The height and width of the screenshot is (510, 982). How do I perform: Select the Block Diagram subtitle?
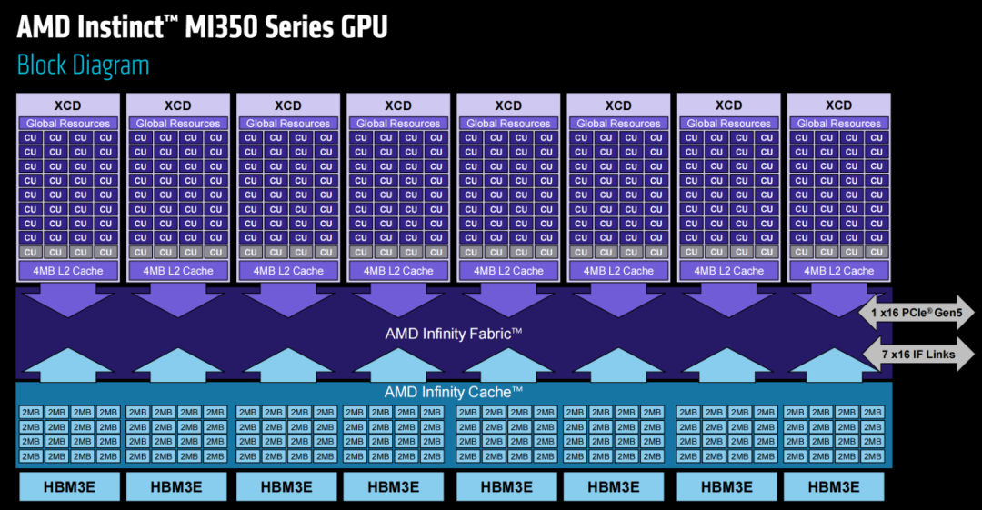click(x=83, y=65)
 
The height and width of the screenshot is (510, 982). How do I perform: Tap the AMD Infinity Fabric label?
click(x=453, y=334)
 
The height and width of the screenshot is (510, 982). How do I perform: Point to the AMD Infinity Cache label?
click(x=453, y=392)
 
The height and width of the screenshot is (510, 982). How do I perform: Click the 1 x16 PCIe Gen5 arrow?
click(x=916, y=314)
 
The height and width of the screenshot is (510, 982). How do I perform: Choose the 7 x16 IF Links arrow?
click(x=916, y=354)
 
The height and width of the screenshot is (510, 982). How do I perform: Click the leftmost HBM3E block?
click(x=68, y=486)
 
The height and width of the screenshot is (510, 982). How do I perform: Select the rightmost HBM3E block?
click(x=833, y=486)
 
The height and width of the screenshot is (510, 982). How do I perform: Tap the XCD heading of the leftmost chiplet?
click(x=67, y=105)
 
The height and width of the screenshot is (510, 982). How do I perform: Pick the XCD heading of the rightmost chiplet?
click(x=838, y=105)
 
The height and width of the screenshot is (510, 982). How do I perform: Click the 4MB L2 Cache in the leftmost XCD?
click(x=67, y=270)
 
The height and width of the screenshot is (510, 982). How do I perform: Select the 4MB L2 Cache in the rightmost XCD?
click(x=838, y=270)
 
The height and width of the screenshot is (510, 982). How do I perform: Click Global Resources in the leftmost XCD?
click(x=67, y=124)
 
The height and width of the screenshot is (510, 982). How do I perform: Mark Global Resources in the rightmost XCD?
click(x=838, y=124)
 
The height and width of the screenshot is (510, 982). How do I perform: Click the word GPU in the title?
click(x=358, y=27)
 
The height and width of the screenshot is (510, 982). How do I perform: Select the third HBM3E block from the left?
click(x=286, y=486)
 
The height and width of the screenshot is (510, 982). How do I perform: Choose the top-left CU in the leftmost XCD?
click(x=30, y=138)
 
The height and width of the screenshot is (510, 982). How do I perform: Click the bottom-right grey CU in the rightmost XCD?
click(x=876, y=252)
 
